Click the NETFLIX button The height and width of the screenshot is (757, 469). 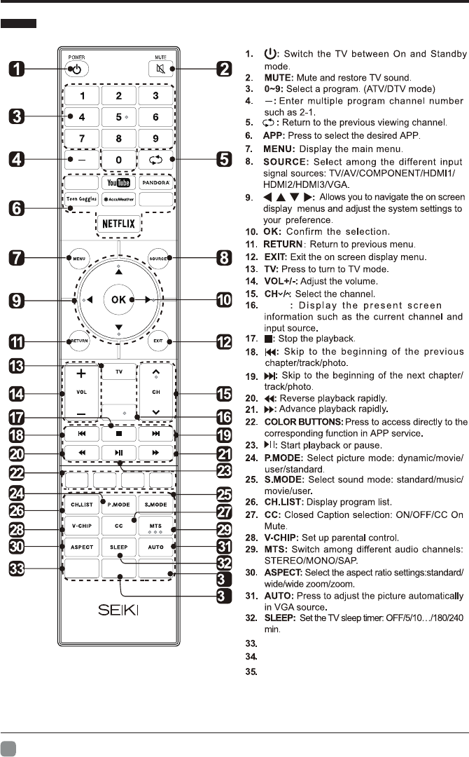[118, 224]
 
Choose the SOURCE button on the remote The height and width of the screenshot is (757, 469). [157, 259]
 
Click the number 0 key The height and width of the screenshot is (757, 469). [118, 160]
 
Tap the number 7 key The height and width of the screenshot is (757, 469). [82, 138]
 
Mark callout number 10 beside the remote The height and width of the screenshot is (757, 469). [224, 300]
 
